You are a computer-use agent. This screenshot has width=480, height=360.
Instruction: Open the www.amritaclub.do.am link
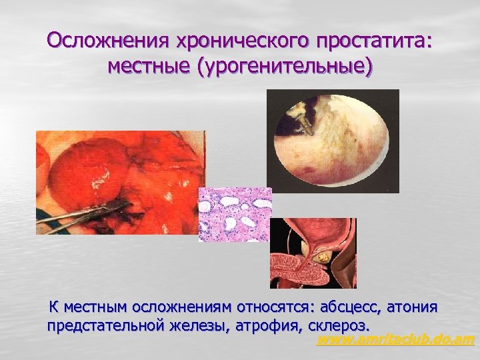(x=395, y=341)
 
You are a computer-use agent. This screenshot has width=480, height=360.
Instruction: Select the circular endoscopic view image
(x=332, y=141)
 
